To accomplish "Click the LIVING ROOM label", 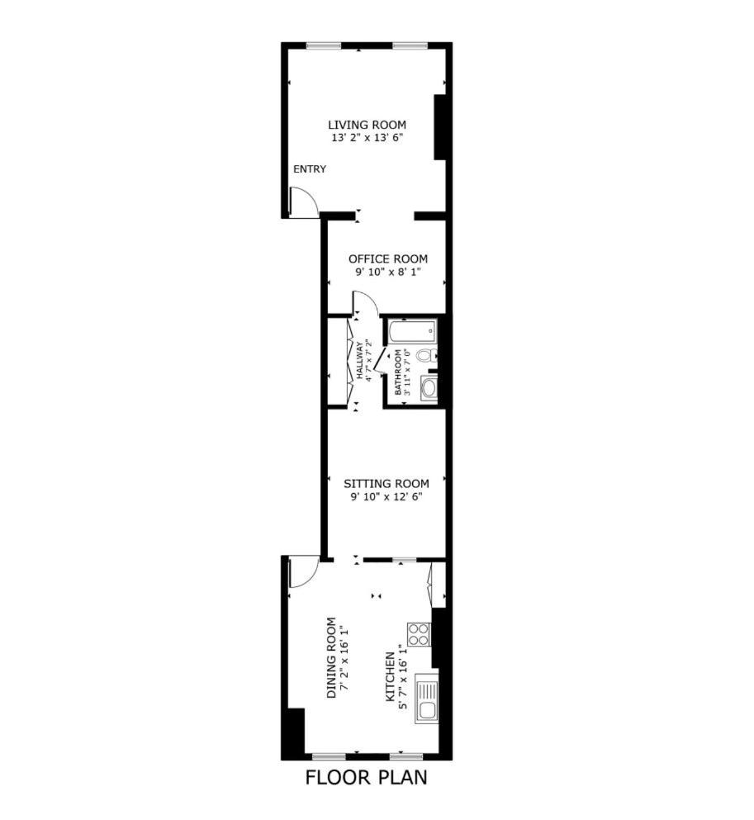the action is tap(367, 125).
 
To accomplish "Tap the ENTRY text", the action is tap(310, 169).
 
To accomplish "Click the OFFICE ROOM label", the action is tap(388, 258).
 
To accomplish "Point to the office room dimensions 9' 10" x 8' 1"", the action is tap(387, 272).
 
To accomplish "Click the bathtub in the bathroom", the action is tap(412, 329).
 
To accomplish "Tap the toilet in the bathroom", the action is tap(429, 356).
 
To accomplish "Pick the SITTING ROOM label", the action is tap(386, 484).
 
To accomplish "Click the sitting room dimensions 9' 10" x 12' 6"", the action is tap(386, 497).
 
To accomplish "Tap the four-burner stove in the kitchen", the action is tap(419, 634).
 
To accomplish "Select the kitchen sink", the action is tap(427, 699).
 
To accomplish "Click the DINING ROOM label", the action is tap(331, 658).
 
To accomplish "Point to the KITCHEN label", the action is tap(390, 676).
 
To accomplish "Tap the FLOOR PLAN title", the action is tap(366, 778).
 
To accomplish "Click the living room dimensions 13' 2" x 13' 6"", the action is tap(367, 138).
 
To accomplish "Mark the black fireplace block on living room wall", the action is tap(439, 127).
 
